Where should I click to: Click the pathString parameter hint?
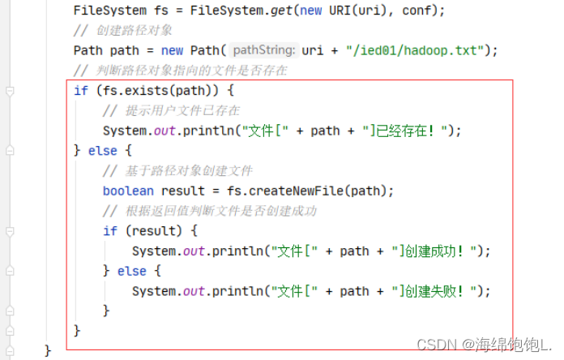264,50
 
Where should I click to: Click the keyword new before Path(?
172,50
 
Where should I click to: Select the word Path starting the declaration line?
88,50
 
